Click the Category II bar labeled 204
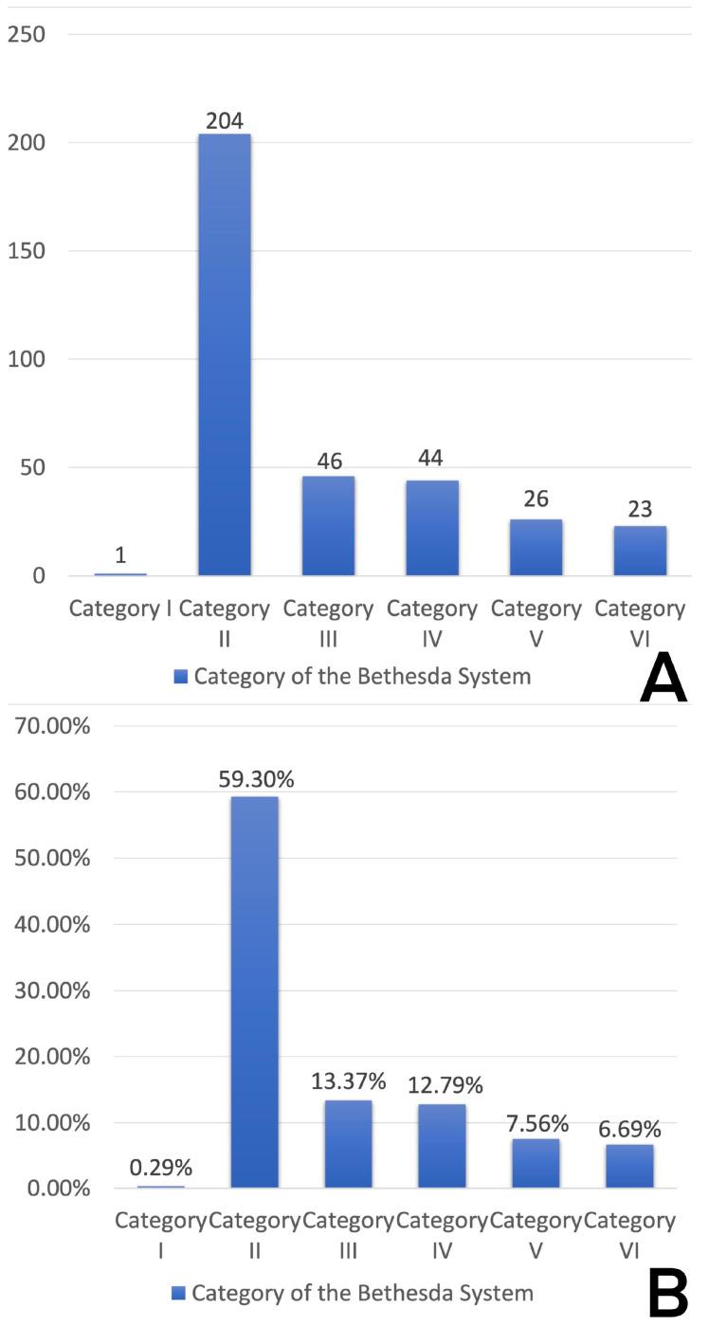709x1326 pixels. click(x=225, y=354)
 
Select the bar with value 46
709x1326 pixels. click(x=328, y=525)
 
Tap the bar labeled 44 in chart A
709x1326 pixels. click(x=432, y=527)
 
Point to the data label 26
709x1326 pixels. click(x=536, y=500)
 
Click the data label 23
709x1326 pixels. click(x=640, y=510)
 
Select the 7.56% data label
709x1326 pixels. click(x=536, y=1124)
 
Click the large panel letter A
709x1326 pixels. click(x=664, y=699)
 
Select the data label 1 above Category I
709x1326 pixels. click(x=119, y=556)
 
